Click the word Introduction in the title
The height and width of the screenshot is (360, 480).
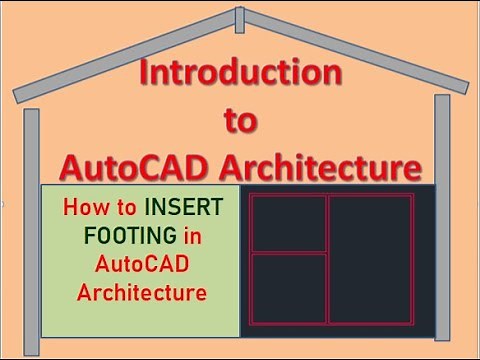pos(240,73)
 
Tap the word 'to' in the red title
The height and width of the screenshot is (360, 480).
pos(239,121)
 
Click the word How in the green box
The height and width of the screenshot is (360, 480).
pos(84,209)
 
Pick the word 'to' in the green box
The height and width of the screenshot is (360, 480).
pos(127,209)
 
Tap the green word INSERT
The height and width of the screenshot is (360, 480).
pos(185,209)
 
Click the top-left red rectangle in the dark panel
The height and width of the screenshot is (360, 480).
pos(288,222)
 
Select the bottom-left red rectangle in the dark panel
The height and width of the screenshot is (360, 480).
pos(288,289)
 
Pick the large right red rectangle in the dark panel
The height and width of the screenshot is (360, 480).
pos(370,258)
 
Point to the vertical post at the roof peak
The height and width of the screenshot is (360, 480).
pos(238,19)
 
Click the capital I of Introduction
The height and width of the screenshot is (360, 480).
pos(143,73)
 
